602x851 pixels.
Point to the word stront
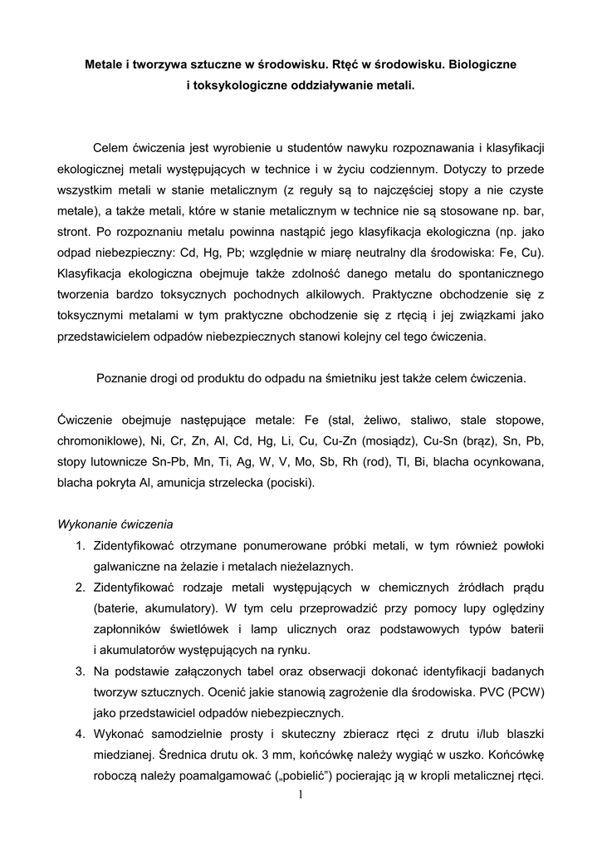(x=74, y=228)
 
